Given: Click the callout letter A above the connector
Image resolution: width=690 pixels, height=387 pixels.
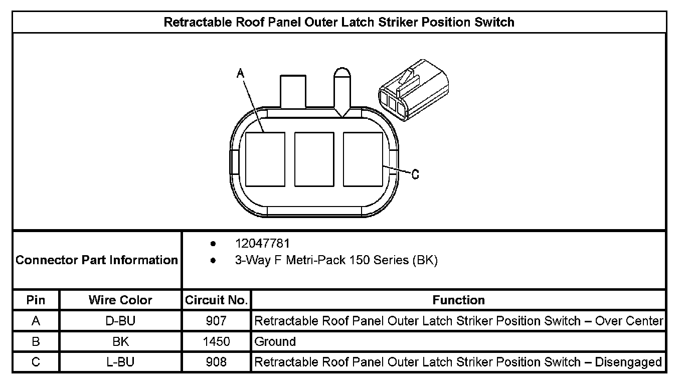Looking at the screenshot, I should (240, 73).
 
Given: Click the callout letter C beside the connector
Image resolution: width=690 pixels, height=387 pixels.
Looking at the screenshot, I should (415, 174).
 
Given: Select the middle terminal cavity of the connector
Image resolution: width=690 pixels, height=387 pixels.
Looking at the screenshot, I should (314, 159).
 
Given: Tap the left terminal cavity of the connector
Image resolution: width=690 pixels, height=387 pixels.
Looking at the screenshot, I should (265, 159).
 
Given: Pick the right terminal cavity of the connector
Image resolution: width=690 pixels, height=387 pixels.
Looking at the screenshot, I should (363, 159).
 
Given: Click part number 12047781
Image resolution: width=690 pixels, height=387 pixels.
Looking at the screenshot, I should (262, 244).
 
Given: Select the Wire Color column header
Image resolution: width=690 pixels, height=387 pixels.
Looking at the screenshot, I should (120, 300).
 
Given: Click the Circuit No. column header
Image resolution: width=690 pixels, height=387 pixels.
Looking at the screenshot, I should (216, 300).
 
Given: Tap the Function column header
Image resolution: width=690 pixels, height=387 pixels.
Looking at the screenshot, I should (458, 300).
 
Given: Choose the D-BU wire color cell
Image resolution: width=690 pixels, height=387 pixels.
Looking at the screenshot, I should (120, 321).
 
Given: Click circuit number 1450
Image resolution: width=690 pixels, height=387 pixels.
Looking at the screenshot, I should (216, 342).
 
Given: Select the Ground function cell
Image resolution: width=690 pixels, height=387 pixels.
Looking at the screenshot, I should (275, 342).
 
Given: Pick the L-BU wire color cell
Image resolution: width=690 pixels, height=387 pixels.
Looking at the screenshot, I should (120, 362).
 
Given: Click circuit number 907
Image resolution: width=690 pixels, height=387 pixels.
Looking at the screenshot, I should (216, 321).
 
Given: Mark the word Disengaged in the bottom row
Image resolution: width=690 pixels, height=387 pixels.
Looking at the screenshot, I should (628, 362).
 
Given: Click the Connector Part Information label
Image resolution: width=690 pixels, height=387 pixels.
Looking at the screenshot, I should (97, 260).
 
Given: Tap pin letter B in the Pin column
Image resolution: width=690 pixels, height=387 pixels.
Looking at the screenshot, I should (36, 342).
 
